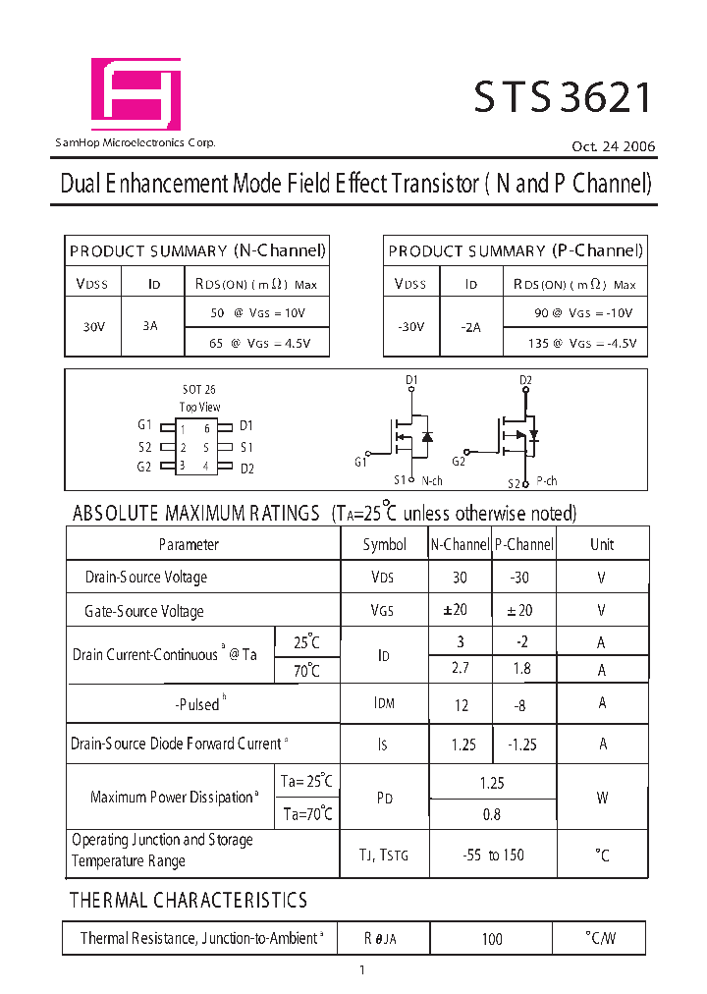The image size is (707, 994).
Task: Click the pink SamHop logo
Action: [136, 94]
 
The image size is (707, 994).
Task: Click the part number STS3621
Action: [563, 98]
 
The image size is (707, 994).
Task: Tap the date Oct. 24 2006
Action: [614, 146]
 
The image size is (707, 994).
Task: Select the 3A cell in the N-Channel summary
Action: [149, 325]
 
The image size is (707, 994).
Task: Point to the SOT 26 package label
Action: [198, 390]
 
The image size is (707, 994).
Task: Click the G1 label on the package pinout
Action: [144, 425]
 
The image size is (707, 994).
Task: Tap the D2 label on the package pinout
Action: [247, 468]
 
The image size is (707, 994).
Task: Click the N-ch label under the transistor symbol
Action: [432, 481]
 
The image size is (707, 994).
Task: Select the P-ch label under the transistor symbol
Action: [546, 481]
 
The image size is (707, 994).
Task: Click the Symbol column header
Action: [384, 544]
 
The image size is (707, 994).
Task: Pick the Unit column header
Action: [602, 544]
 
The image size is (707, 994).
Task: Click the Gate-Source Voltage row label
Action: [144, 611]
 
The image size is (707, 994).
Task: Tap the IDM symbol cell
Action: [384, 704]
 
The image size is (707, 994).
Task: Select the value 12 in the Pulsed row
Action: [461, 705]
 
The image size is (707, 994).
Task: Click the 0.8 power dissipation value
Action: [492, 814]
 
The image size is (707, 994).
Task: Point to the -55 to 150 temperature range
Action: [493, 855]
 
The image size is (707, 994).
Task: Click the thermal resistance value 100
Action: [492, 939]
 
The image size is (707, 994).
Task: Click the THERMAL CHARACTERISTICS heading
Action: [189, 900]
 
